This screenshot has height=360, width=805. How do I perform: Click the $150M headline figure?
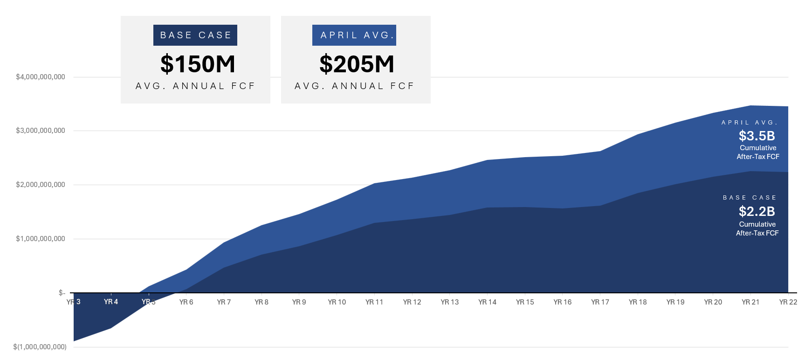point(198,64)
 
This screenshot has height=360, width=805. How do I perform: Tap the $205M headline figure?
point(357,64)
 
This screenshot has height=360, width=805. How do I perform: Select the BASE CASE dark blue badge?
point(195,35)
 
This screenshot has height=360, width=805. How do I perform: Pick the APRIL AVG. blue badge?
point(354,35)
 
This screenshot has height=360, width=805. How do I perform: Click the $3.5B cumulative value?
point(757,136)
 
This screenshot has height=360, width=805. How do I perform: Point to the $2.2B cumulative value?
point(757,212)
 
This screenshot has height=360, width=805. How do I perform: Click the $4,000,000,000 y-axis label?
point(41,77)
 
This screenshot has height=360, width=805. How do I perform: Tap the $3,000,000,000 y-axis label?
point(41,131)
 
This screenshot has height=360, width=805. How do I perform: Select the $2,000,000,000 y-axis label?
point(41,185)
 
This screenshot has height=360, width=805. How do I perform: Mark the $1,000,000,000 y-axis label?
point(41,239)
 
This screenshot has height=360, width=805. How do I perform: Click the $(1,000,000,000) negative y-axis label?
point(40,347)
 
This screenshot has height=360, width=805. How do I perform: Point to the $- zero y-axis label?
point(62,293)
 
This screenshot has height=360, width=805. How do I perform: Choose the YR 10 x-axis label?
point(337,302)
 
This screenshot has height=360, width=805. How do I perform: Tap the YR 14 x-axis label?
point(487,302)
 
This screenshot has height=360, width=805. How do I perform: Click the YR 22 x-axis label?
point(788,302)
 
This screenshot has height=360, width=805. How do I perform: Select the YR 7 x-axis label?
point(224,302)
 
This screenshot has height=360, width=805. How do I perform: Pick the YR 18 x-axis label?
point(638,302)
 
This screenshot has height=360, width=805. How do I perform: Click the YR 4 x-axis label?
point(111,302)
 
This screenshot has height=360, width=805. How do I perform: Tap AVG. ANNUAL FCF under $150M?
point(195,86)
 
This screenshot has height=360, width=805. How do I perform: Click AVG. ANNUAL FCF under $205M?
point(354,86)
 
